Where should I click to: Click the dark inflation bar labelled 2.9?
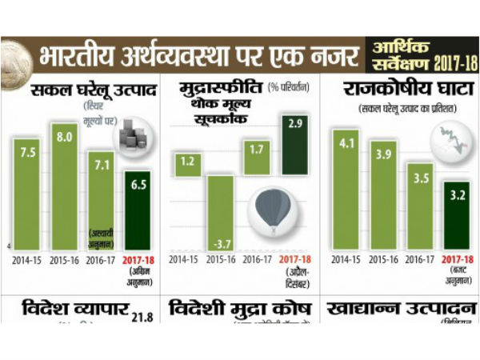tap(294, 144)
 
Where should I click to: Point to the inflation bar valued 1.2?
tap(189, 163)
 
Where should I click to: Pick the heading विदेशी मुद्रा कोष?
tap(242, 309)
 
